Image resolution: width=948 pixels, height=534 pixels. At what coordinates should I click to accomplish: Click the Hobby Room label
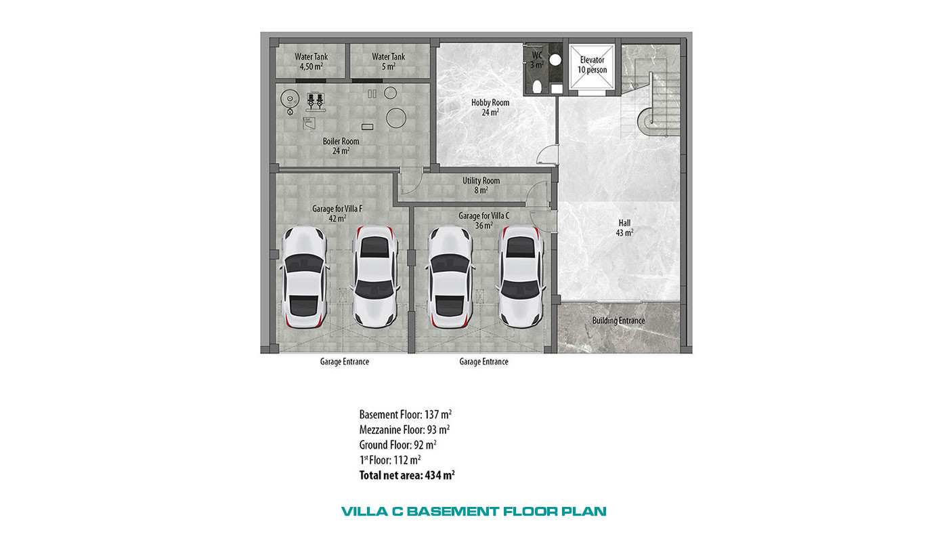[490, 107]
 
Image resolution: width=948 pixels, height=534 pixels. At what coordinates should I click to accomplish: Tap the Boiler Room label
[341, 146]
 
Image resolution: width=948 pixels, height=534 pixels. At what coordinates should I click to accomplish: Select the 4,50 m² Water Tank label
[311, 62]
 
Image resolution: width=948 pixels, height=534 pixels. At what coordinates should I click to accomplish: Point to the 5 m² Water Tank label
[388, 62]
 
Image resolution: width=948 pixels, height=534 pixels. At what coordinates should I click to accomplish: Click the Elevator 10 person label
[592, 65]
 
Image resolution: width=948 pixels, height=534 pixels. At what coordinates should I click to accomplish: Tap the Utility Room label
[481, 186]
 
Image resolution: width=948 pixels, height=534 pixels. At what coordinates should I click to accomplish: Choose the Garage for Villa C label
[483, 220]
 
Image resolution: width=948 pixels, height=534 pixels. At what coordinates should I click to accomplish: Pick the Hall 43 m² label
[624, 228]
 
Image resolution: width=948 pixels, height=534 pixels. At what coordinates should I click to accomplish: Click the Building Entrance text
[618, 321]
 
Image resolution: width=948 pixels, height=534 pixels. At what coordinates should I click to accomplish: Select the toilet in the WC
[537, 87]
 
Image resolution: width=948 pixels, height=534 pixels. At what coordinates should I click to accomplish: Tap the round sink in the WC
[555, 60]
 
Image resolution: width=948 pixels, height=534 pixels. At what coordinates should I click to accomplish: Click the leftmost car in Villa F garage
[304, 277]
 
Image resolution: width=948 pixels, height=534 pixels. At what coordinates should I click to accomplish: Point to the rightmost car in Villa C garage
[521, 276]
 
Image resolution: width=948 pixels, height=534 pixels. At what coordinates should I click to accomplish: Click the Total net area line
[407, 475]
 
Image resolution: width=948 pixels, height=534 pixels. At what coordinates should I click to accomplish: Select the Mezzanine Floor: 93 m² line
[404, 430]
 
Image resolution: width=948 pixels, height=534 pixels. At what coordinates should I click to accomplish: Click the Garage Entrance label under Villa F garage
[344, 362]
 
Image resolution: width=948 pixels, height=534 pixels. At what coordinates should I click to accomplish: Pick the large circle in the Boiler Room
[396, 118]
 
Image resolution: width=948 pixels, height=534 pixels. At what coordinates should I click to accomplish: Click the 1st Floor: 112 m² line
[390, 460]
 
